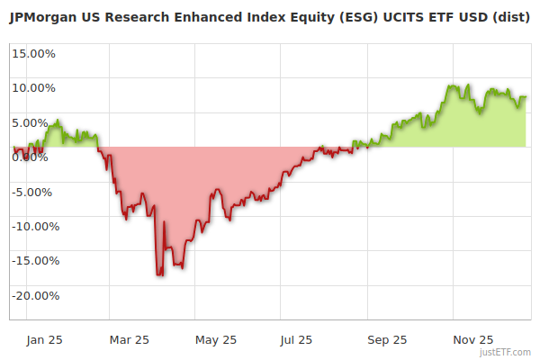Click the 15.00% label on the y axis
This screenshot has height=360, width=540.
click(x=34, y=53)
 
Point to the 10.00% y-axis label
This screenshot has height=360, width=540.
click(x=34, y=88)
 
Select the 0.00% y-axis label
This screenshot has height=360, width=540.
click(x=31, y=157)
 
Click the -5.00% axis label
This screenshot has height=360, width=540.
click(x=34, y=192)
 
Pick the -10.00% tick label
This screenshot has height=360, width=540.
click(x=34, y=227)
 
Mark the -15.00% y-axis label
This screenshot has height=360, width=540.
click(x=34, y=261)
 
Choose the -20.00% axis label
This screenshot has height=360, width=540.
click(x=34, y=296)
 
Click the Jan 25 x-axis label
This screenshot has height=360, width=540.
click(x=43, y=340)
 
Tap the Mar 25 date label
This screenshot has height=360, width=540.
click(x=128, y=340)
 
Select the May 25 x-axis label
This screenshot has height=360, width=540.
click(x=215, y=340)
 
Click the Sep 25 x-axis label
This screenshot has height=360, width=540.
click(x=386, y=340)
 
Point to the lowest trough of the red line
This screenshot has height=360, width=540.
click(x=159, y=274)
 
